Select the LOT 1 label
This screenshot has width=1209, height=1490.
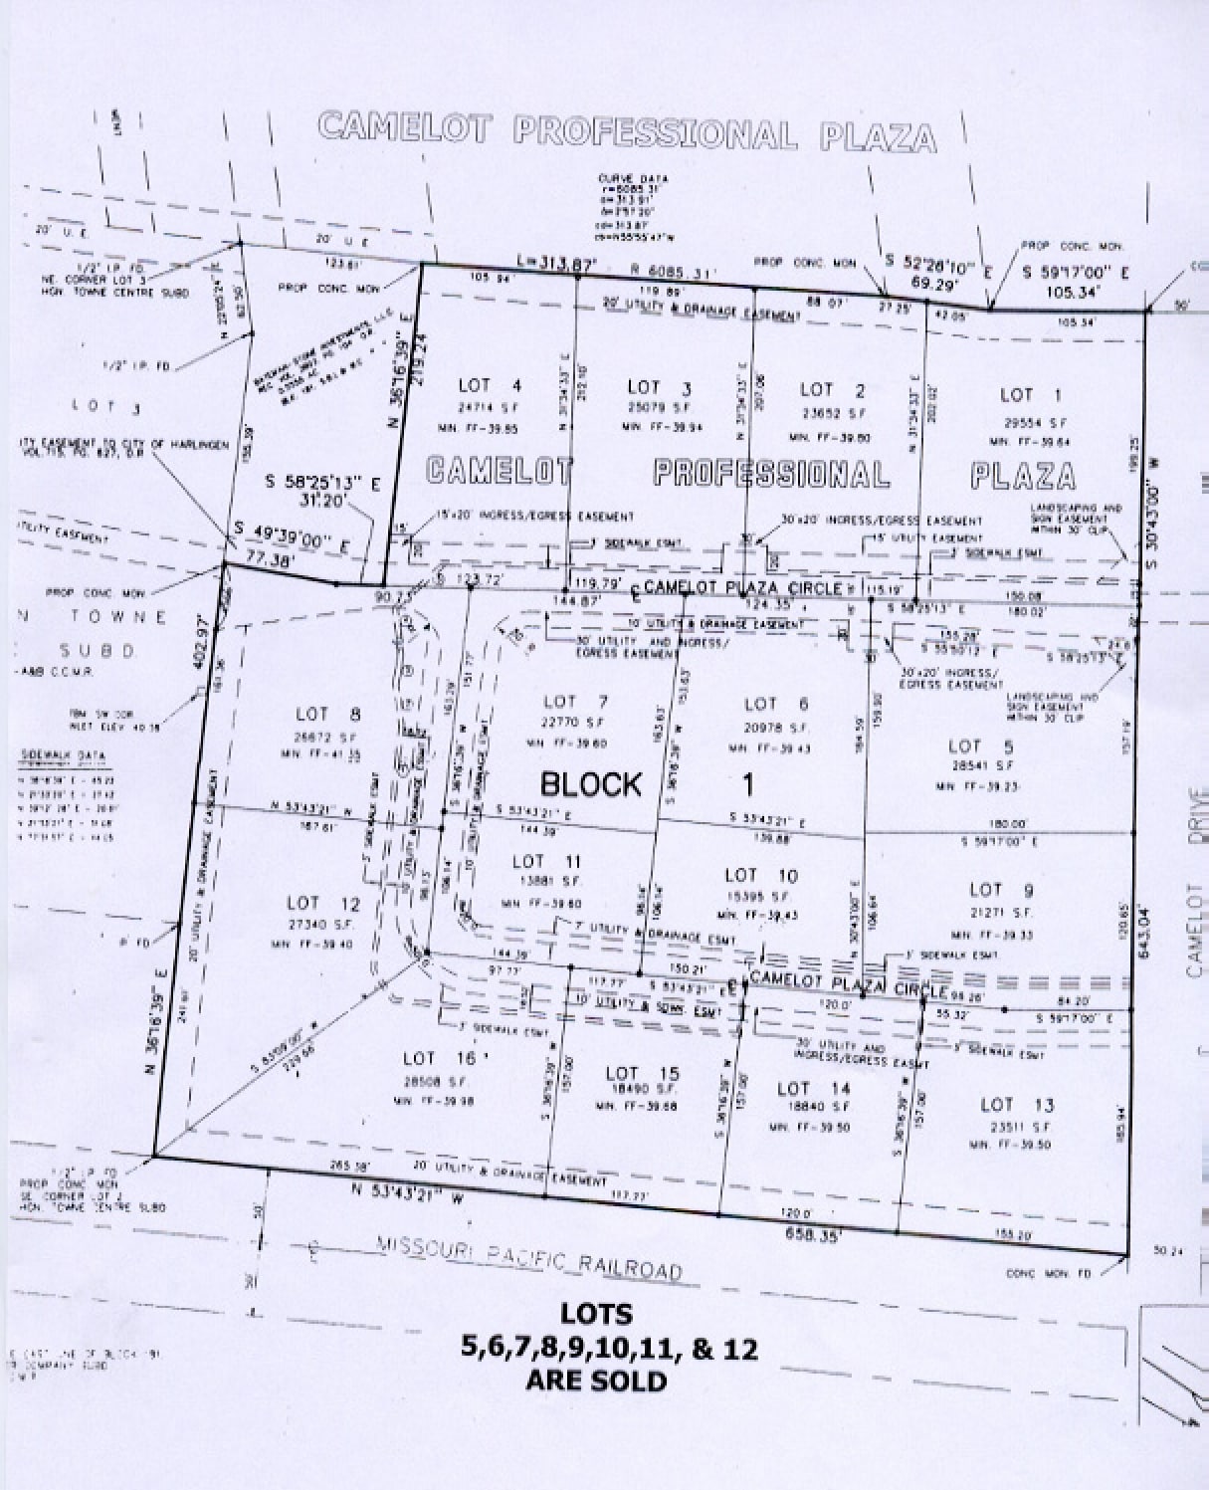point(1017,395)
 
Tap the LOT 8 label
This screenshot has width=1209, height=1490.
point(313,714)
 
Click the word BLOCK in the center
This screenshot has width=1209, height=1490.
point(591,784)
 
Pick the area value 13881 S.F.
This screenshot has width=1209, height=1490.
point(542,882)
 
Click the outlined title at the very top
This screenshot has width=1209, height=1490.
point(627,131)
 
